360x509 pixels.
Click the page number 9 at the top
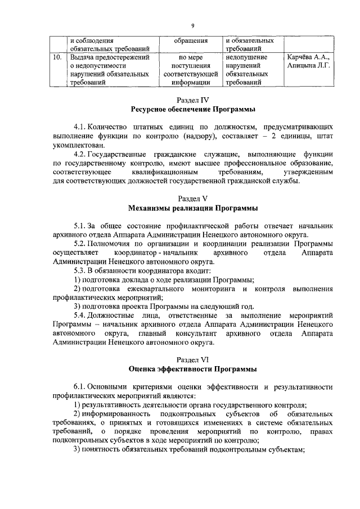pyautogui.click(x=192, y=25)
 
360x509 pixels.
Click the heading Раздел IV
pyautogui.click(x=192, y=99)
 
